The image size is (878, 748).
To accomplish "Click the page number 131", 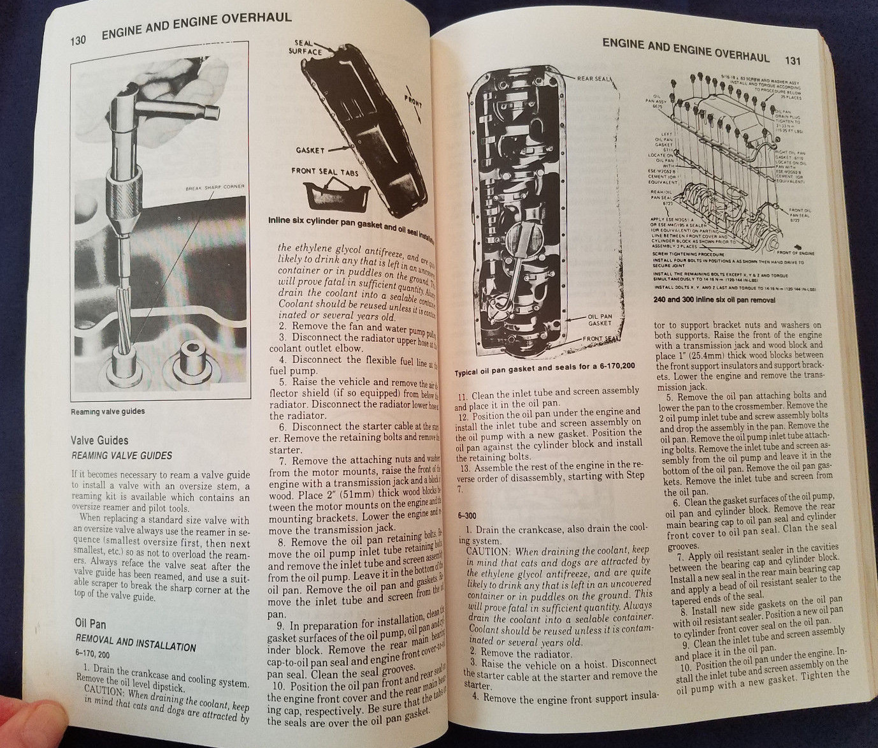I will point(792,61).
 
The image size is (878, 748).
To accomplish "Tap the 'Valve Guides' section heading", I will point(100,440).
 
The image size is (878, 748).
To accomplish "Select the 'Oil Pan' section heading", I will point(90,623).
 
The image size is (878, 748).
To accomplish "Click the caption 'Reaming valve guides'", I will point(107,411).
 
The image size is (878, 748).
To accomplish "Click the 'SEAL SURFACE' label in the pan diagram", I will point(305,47).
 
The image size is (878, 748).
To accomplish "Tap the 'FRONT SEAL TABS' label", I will point(324,171).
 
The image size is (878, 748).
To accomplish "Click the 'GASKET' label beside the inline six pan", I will point(310,150).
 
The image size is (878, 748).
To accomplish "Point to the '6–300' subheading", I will point(467,515).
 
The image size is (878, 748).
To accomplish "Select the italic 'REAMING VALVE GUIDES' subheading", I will point(123,455).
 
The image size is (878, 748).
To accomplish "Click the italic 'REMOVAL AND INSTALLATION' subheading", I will point(135,642).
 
